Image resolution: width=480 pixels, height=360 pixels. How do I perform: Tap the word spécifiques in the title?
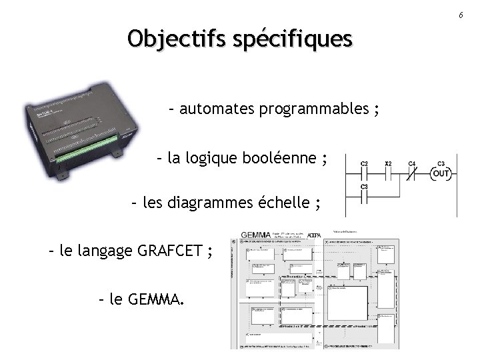coord(292,39)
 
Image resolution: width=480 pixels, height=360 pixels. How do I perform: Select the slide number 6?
coord(460,14)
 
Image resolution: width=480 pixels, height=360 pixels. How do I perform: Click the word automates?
coord(213,109)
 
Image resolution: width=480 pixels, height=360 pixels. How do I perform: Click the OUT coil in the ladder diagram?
coord(441,174)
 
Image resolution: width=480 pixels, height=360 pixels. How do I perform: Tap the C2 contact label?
coord(364,164)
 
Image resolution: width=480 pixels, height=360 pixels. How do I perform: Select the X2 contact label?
coord(388,164)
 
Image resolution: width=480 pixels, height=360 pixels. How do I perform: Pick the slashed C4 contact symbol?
coord(412,174)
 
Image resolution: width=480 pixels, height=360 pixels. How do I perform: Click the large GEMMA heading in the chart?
coord(256,235)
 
